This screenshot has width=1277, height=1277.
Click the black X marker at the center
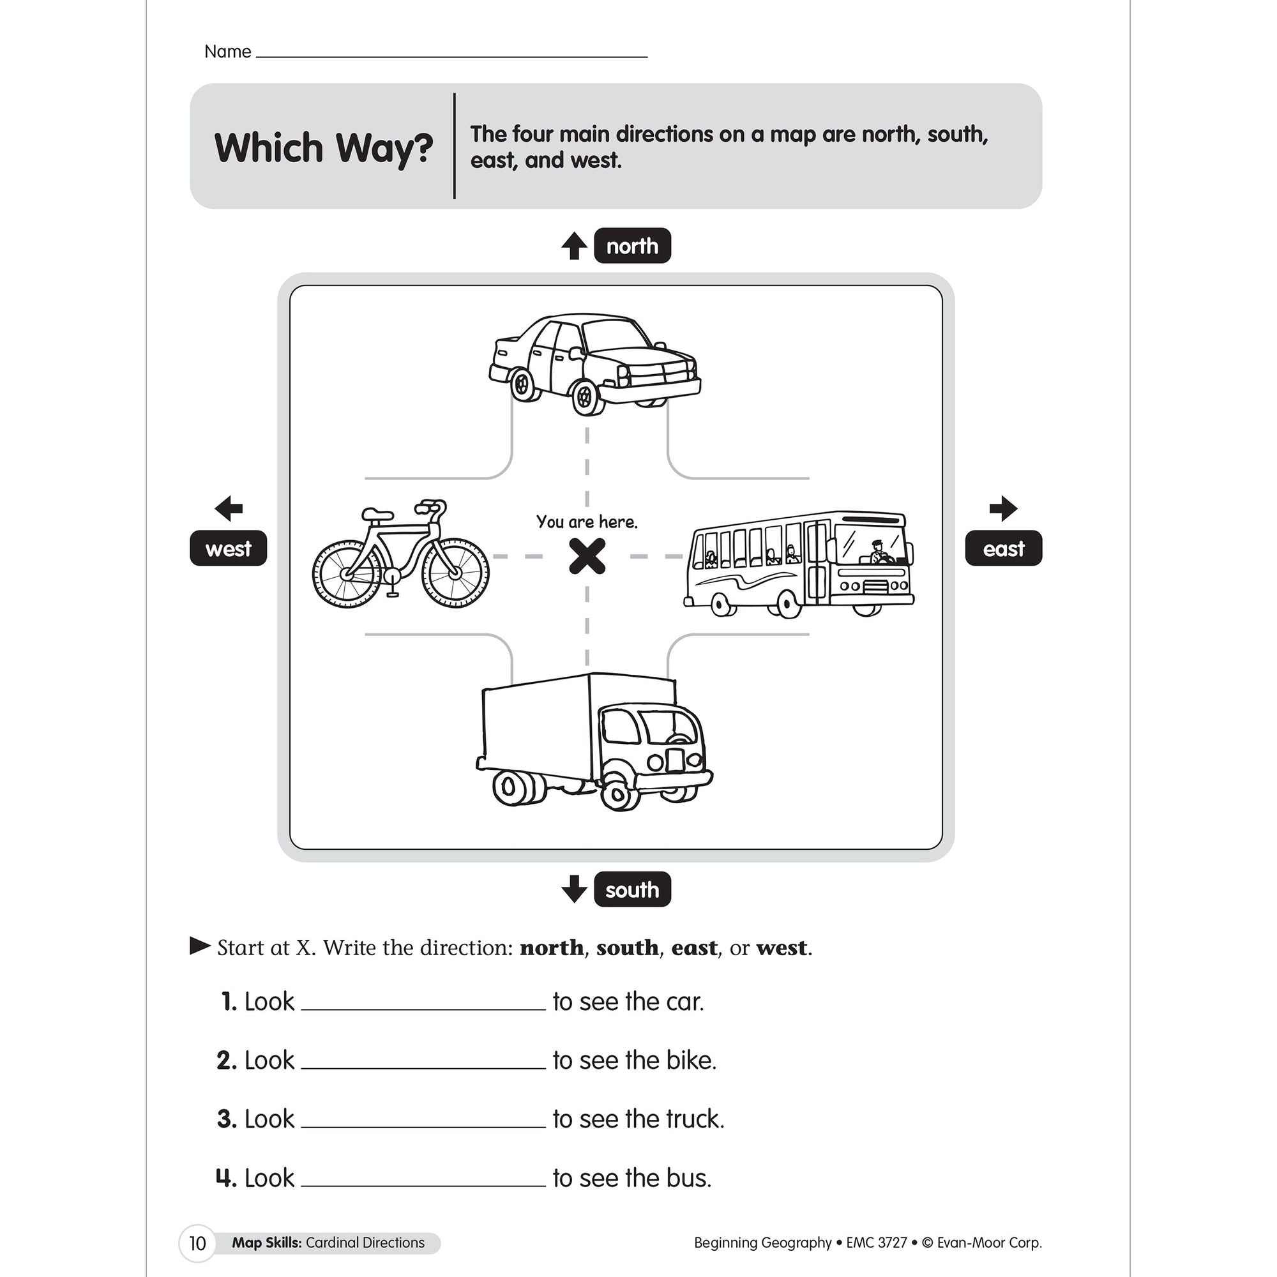[587, 556]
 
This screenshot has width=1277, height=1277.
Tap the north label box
[632, 246]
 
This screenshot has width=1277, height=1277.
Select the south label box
[632, 889]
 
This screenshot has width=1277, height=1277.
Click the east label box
[1002, 548]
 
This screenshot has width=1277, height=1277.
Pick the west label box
[228, 548]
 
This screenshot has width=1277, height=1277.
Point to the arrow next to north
[574, 246]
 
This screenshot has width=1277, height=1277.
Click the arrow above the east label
[1002, 508]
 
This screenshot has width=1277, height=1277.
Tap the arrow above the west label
[229, 508]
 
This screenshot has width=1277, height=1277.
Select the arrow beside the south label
[574, 889]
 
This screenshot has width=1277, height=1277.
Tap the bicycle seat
[377, 513]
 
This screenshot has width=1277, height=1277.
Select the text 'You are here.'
[587, 522]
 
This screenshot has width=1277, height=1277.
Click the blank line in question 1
[423, 1004]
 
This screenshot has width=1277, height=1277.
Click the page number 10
[197, 1243]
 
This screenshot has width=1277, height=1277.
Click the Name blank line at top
[451, 53]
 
